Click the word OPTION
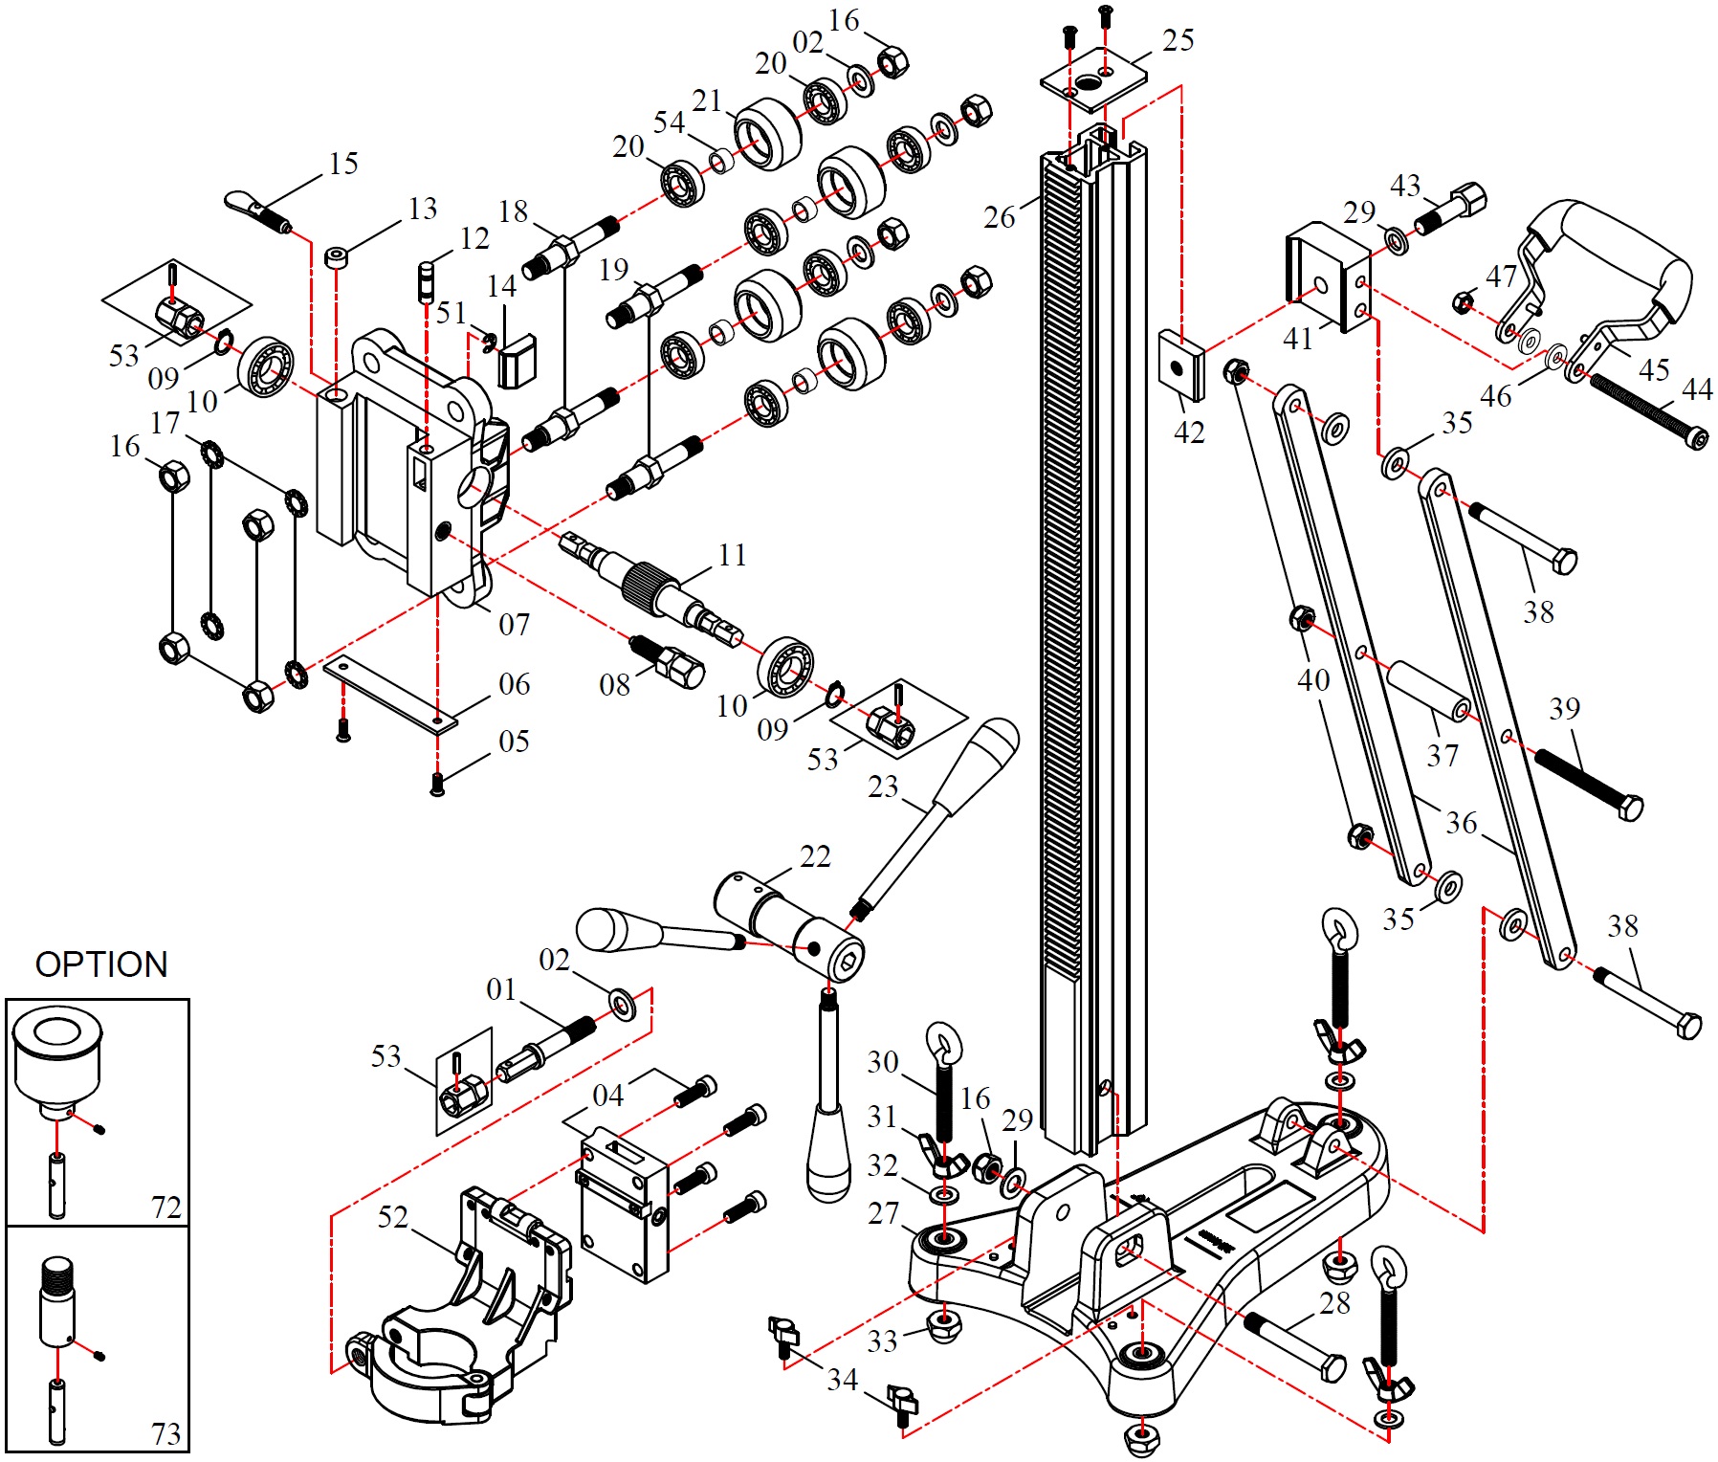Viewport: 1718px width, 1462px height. coord(101,964)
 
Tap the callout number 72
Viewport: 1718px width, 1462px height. coord(165,1207)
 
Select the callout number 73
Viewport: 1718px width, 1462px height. coord(165,1434)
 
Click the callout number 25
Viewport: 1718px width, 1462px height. coord(1178,40)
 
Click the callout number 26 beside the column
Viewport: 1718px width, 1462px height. coord(1000,217)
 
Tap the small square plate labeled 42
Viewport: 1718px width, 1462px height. coord(1181,366)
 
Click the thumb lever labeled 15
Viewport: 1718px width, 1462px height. coord(257,212)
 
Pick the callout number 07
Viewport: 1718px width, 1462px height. coord(514,625)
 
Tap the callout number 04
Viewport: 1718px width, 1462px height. coord(608,1096)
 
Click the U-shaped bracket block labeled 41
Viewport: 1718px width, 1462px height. coord(1328,277)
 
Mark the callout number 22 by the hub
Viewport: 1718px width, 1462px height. coord(815,856)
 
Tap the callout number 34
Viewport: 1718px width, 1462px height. coord(842,1380)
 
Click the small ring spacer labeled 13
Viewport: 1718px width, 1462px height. coord(336,257)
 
